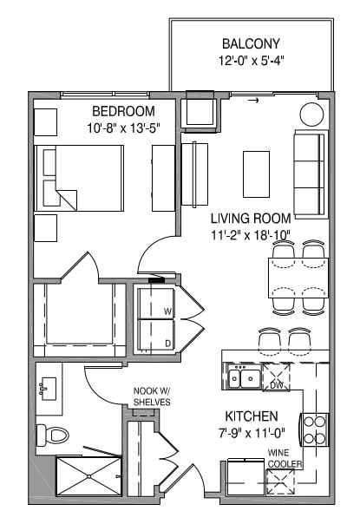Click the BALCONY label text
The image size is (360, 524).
pos(250,43)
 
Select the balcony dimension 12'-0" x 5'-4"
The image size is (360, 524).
pos(250,61)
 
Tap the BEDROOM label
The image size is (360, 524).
pos(124,111)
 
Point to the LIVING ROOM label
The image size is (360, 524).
pos(251,218)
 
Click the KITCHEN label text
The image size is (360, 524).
pos(252,416)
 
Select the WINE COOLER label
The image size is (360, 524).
pos(285,457)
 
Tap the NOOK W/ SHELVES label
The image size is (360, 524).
pos(152,396)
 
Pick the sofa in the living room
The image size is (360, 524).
pos(310,174)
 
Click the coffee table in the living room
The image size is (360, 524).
pos(255,174)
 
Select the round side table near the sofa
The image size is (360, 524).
pos(311,114)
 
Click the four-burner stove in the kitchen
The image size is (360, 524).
pos(313,428)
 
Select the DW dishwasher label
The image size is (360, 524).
pos(277,384)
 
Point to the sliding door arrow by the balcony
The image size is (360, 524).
pos(253,102)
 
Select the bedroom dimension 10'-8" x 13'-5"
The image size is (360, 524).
pos(124,128)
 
